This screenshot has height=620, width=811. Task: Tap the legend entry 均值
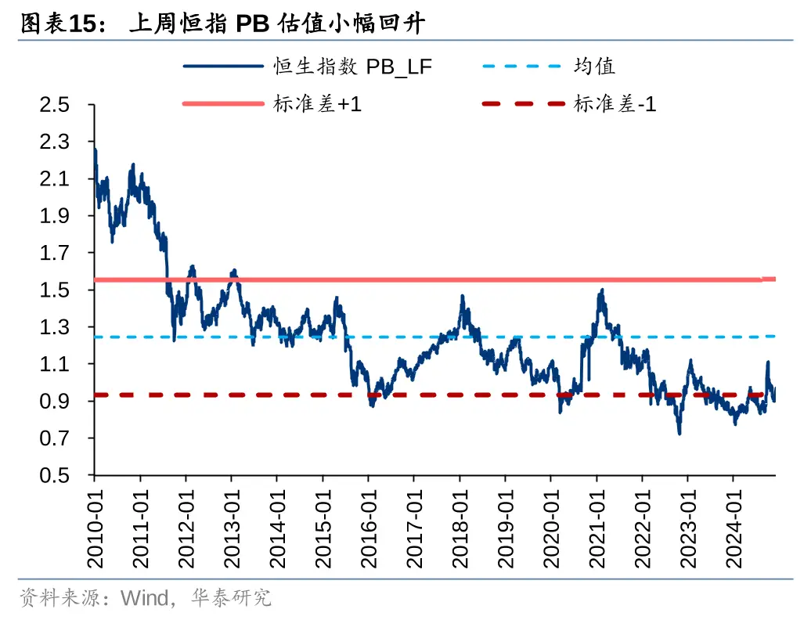coord(594,67)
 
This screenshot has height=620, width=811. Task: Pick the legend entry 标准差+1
coord(318,103)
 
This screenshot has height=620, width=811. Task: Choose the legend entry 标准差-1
coord(615,103)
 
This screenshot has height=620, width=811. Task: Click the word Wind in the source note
coord(144,599)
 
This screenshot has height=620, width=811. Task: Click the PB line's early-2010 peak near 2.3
coord(95,149)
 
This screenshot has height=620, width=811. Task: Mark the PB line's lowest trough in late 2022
coord(679,433)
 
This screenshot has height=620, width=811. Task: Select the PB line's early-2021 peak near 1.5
coord(601,290)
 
